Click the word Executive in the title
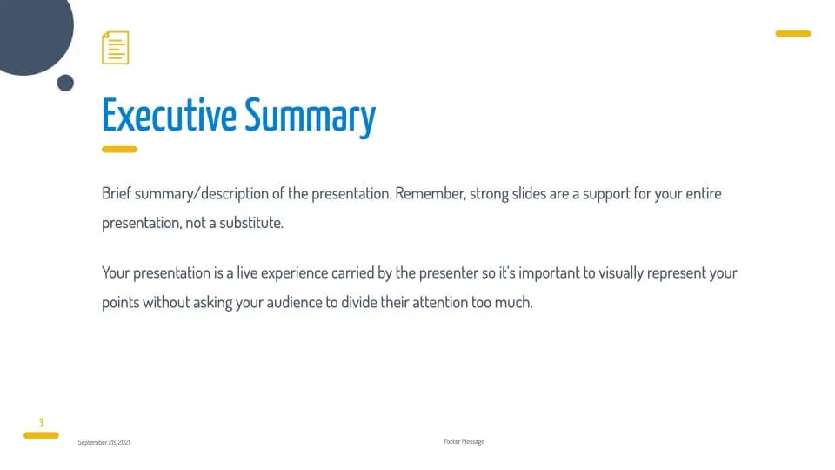point(169,115)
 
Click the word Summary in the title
point(311,117)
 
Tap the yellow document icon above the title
point(116,47)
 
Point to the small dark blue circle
point(65,84)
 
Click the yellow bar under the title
point(119,150)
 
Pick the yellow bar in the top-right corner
point(793,34)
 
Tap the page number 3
point(41,423)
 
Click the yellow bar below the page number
point(41,435)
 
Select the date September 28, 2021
point(104,442)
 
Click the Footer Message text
point(464,442)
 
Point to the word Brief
point(116,193)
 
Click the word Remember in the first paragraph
point(431,193)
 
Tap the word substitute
point(250,222)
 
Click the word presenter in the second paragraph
point(449,273)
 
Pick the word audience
point(294,302)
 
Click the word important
point(549,273)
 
